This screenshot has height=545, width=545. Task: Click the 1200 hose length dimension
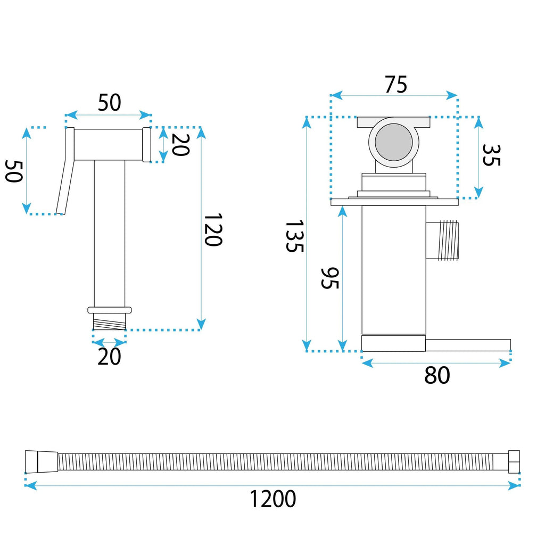(273, 499)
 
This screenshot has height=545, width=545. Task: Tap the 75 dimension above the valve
(395, 85)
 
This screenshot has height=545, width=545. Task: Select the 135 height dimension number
(295, 236)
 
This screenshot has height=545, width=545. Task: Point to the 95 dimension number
(329, 278)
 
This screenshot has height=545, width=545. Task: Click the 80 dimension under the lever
(437, 375)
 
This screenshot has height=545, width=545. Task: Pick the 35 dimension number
(491, 155)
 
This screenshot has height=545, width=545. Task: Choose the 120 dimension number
(213, 230)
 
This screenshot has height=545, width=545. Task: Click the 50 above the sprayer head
(109, 102)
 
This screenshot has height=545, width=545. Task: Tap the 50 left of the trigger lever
(14, 171)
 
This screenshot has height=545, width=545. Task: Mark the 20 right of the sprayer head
(180, 145)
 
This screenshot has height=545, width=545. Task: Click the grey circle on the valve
(393, 142)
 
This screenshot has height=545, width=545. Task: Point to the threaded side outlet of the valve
(442, 240)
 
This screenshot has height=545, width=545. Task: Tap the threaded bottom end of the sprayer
(110, 321)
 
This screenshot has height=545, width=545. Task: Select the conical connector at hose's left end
(42, 462)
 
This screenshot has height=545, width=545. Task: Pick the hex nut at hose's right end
(514, 461)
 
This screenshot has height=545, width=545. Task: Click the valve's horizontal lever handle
(468, 345)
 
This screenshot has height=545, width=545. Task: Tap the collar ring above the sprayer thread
(110, 310)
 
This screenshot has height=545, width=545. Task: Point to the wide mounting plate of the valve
(394, 202)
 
